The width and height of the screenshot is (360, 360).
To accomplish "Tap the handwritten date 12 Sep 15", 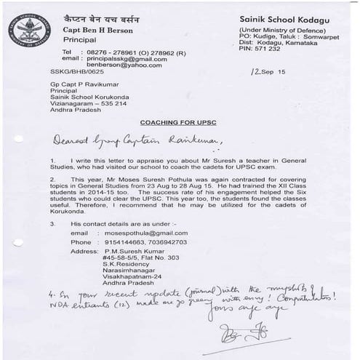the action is coord(268,73).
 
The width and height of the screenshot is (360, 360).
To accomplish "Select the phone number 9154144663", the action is coord(126,242).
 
